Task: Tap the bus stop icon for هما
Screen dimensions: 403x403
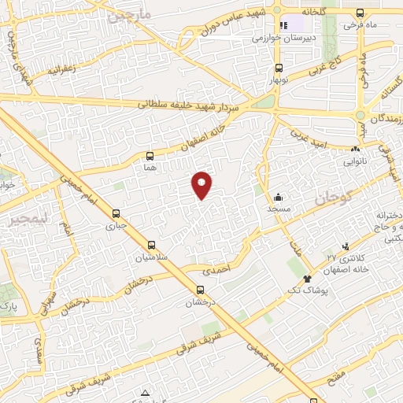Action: (150, 156)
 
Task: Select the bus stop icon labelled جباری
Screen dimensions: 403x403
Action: (116, 213)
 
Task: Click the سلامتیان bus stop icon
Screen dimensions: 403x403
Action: (151, 244)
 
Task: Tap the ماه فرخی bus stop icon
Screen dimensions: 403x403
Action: (360, 13)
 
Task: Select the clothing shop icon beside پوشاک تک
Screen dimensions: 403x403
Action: (306, 279)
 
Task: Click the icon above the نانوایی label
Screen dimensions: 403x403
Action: (357, 147)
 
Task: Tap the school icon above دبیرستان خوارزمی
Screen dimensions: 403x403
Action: (284, 24)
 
